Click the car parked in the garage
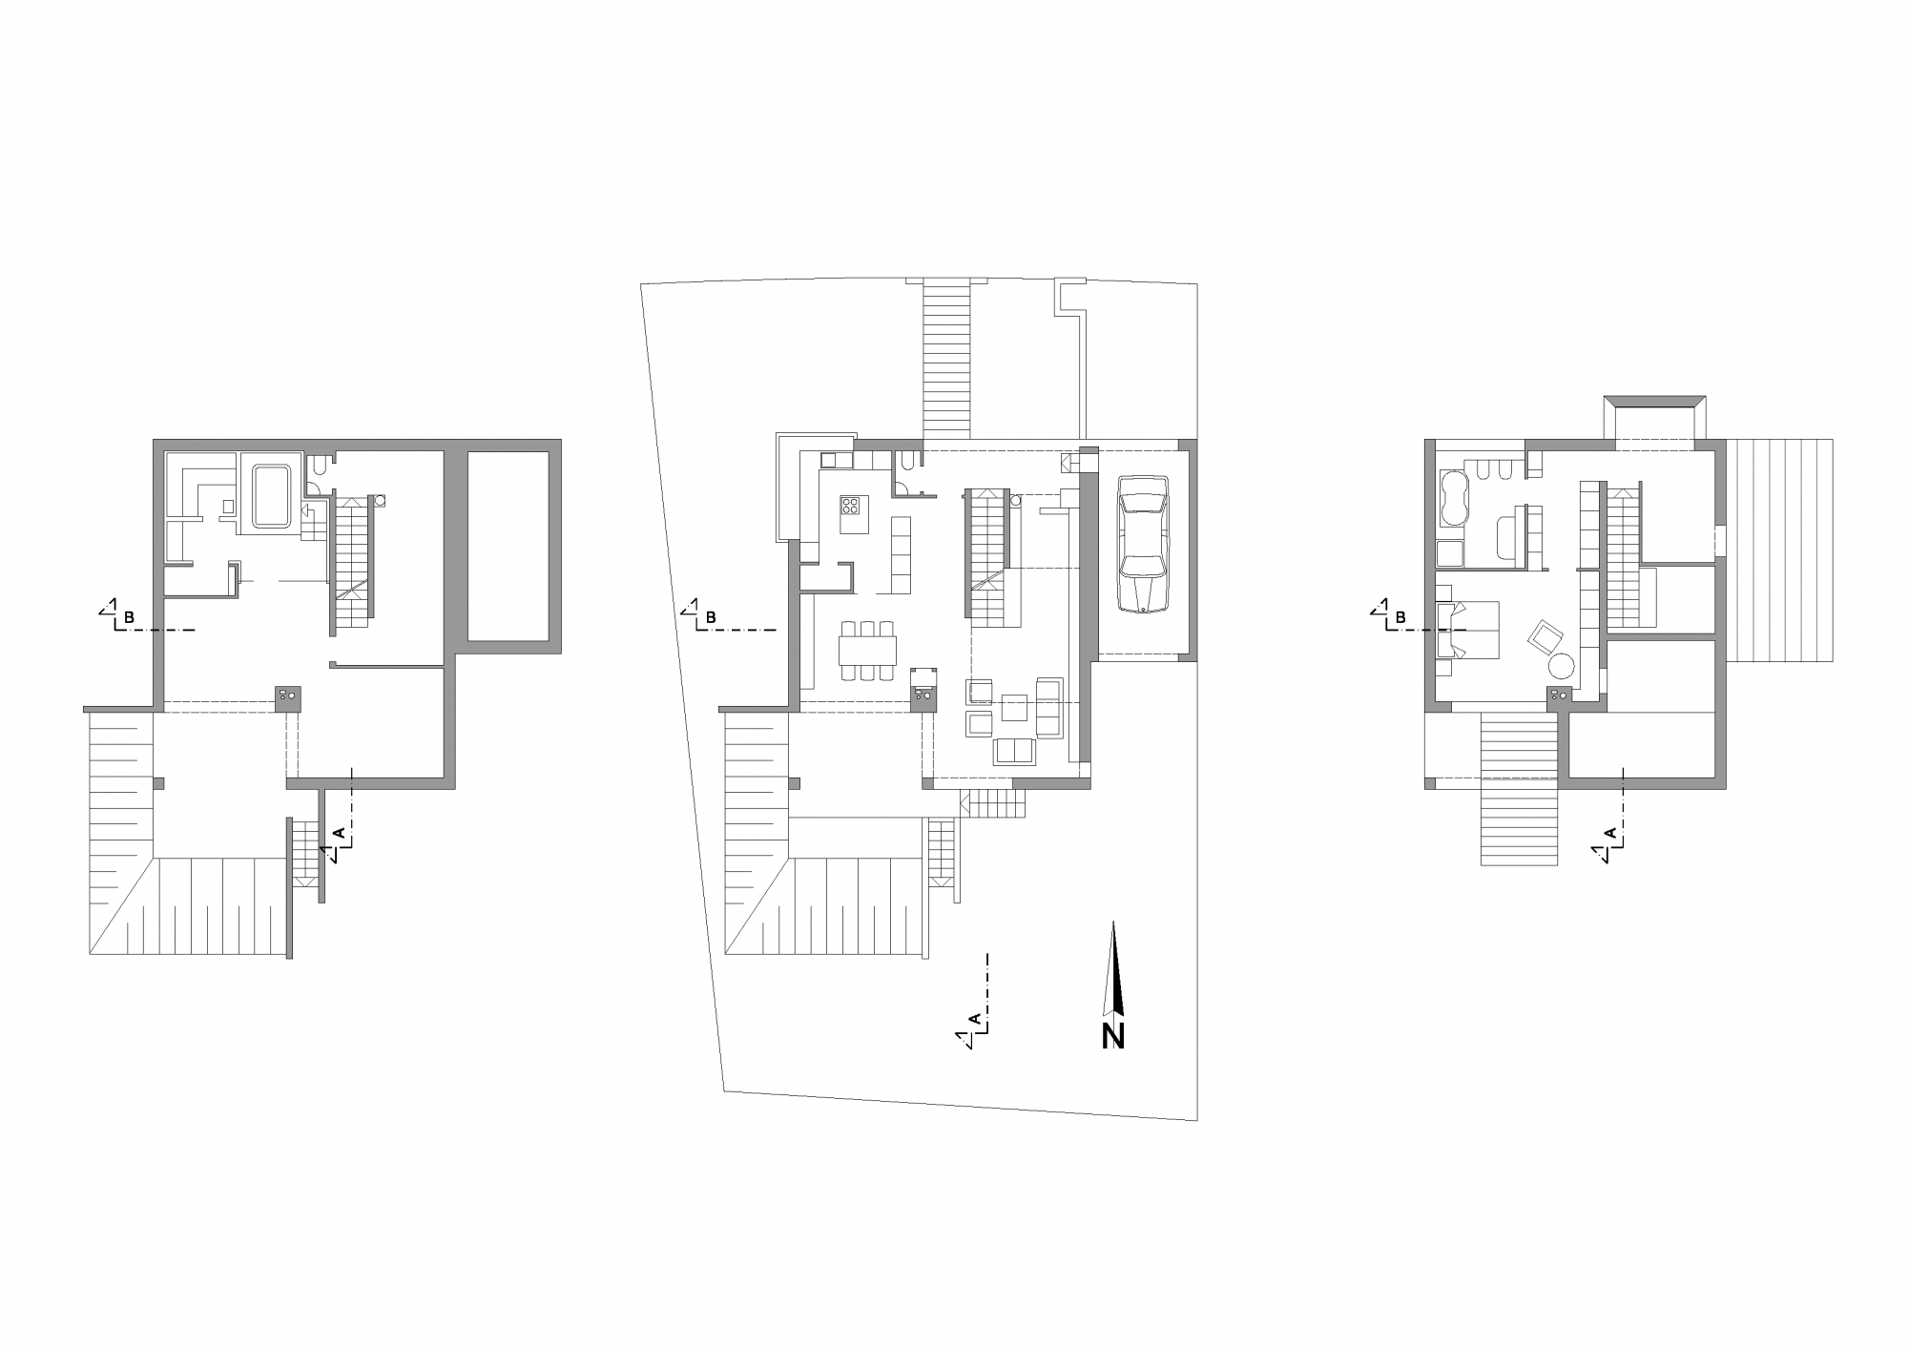pos(1143,542)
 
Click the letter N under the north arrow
pos(1112,1036)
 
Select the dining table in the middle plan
pos(868,651)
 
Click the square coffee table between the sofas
pos(1014,707)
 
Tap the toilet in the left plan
pos(320,467)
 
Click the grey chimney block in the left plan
pos(289,697)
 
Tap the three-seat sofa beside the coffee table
pos(1048,707)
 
